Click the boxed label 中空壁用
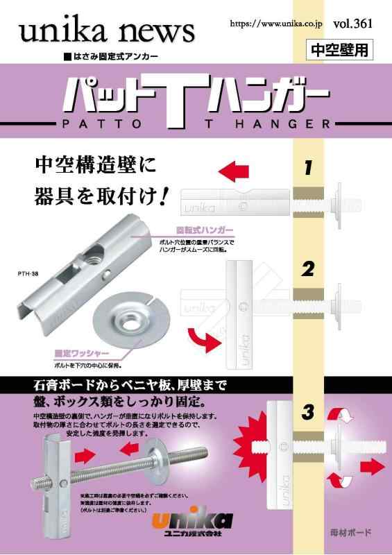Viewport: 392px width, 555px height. click(x=341, y=49)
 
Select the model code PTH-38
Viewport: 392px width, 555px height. click(x=28, y=273)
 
